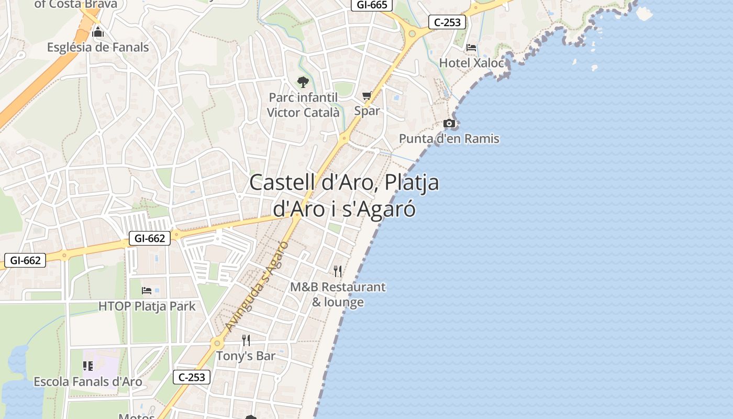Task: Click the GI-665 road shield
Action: tap(371, 5)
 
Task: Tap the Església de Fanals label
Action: tap(98, 47)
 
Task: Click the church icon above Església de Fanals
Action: tap(98, 33)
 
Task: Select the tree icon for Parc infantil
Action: tap(303, 82)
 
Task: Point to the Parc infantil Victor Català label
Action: tap(303, 105)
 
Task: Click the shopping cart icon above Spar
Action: tap(367, 96)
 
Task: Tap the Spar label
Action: tap(367, 111)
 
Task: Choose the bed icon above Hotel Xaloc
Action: tap(471, 48)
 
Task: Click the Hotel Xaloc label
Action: tap(471, 63)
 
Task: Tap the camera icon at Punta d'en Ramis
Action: tap(449, 124)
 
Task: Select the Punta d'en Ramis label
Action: tap(449, 139)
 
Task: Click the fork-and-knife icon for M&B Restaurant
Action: tap(338, 271)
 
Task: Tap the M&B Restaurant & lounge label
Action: tap(338, 294)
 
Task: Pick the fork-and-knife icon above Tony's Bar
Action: tap(246, 340)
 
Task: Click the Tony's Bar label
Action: tap(246, 356)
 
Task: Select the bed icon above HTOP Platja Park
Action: tap(147, 291)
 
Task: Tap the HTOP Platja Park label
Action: tap(147, 306)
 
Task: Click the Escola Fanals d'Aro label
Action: tap(88, 381)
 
